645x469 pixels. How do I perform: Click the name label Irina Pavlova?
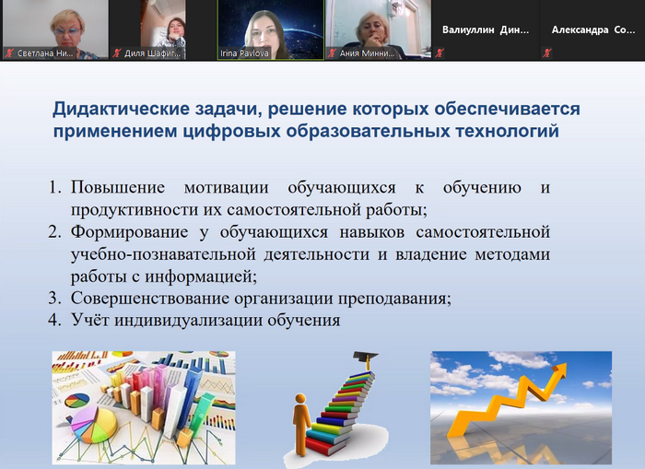pyautogui.click(x=244, y=53)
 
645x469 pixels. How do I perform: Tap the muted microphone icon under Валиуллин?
pyautogui.click(x=440, y=53)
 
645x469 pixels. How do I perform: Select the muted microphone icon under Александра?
pyautogui.click(x=547, y=53)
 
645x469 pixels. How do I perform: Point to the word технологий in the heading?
pyautogui.click(x=507, y=131)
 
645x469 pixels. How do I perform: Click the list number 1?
pyautogui.click(x=53, y=188)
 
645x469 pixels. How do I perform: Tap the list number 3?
pyautogui.click(x=53, y=299)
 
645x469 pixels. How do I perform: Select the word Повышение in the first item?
pyautogui.click(x=118, y=188)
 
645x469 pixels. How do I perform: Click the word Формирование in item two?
pyautogui.click(x=129, y=232)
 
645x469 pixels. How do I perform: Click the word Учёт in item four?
pyautogui.click(x=89, y=320)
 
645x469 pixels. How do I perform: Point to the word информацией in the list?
pyautogui.click(x=201, y=276)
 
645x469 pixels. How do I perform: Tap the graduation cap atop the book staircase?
pyautogui.click(x=365, y=359)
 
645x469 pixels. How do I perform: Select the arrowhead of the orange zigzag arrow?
pyautogui.click(x=560, y=369)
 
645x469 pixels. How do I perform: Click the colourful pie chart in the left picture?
pyautogui.click(x=95, y=424)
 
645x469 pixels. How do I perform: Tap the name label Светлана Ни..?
pyautogui.click(x=45, y=53)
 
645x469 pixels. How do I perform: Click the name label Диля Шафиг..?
pyautogui.click(x=152, y=53)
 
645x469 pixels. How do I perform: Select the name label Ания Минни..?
pyautogui.click(x=367, y=53)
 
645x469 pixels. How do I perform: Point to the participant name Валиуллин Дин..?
pyautogui.click(x=486, y=29)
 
